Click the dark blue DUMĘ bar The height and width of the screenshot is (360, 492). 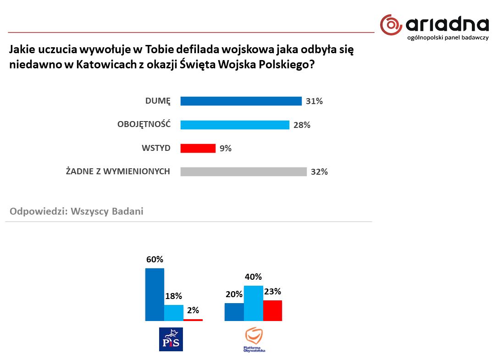(x=241, y=101)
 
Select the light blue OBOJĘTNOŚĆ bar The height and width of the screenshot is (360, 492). (x=235, y=125)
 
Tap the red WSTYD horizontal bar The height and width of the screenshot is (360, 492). (x=198, y=148)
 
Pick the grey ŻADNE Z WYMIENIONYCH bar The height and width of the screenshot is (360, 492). (x=243, y=172)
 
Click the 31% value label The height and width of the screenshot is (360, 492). (x=315, y=101)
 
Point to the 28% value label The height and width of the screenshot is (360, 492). (x=302, y=125)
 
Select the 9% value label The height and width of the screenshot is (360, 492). (x=226, y=148)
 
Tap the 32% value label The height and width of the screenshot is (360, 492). (x=320, y=172)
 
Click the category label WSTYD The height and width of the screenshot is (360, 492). (x=156, y=148)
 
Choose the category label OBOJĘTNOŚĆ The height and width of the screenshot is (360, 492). (x=144, y=124)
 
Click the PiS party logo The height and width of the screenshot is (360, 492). (x=171, y=339)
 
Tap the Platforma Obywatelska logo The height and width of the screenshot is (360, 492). (x=255, y=339)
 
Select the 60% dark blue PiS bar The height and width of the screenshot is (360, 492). (x=155, y=294)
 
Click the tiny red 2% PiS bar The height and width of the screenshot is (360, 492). (x=193, y=320)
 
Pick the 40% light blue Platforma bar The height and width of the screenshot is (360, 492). (x=253, y=303)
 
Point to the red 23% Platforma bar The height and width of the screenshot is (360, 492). (x=272, y=310)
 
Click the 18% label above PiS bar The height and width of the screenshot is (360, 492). (x=173, y=296)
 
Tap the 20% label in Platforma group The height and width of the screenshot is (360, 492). (x=234, y=294)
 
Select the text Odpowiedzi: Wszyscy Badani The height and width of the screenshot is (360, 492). (x=77, y=211)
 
